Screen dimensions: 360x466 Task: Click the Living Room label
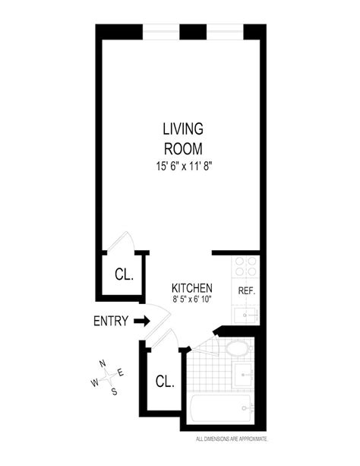183,139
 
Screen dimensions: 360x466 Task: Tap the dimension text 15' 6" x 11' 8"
184,166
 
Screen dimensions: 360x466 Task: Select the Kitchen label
192,288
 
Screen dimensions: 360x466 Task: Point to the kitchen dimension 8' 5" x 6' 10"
192,299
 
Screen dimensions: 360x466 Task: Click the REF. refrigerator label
247,290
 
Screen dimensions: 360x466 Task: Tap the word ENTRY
111,321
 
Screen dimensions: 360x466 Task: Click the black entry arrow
142,321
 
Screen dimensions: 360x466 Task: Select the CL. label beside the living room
124,274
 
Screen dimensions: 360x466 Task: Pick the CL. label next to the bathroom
165,381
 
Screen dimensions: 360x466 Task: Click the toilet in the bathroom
237,349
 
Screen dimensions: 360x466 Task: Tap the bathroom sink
244,375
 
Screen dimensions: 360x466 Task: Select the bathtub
223,408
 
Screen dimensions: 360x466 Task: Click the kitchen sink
247,315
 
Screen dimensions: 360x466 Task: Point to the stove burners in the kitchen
245,266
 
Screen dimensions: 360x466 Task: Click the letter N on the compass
103,363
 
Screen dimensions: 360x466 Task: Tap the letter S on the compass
114,392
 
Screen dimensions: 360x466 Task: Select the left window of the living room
161,31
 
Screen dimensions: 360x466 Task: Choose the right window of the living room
225,31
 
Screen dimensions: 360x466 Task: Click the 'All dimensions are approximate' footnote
232,439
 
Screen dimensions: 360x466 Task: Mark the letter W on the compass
95,382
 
